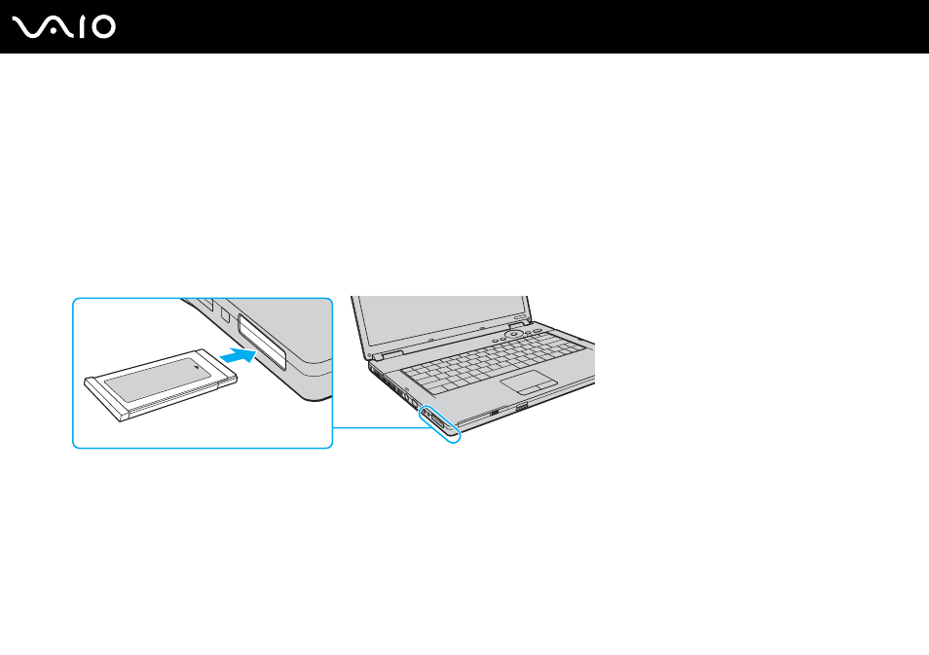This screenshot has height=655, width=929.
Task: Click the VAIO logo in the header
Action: [x=64, y=27]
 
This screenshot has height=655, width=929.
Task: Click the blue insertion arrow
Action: [x=238, y=356]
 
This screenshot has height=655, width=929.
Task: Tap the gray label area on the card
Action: [x=158, y=380]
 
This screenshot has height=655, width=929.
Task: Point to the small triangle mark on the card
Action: [x=196, y=368]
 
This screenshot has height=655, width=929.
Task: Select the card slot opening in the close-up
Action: [x=262, y=342]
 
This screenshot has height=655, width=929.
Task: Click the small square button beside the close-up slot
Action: [x=225, y=314]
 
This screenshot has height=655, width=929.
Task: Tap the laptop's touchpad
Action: [x=529, y=382]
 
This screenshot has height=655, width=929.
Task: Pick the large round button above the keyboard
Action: [x=513, y=334]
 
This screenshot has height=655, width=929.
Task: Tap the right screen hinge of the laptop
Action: [x=517, y=324]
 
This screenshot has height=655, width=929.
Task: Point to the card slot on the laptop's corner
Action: [x=437, y=421]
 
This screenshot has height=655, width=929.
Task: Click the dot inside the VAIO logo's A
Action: [x=53, y=32]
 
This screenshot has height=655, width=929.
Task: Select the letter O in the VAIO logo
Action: [x=103, y=27]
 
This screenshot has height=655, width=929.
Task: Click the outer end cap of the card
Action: [x=103, y=399]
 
